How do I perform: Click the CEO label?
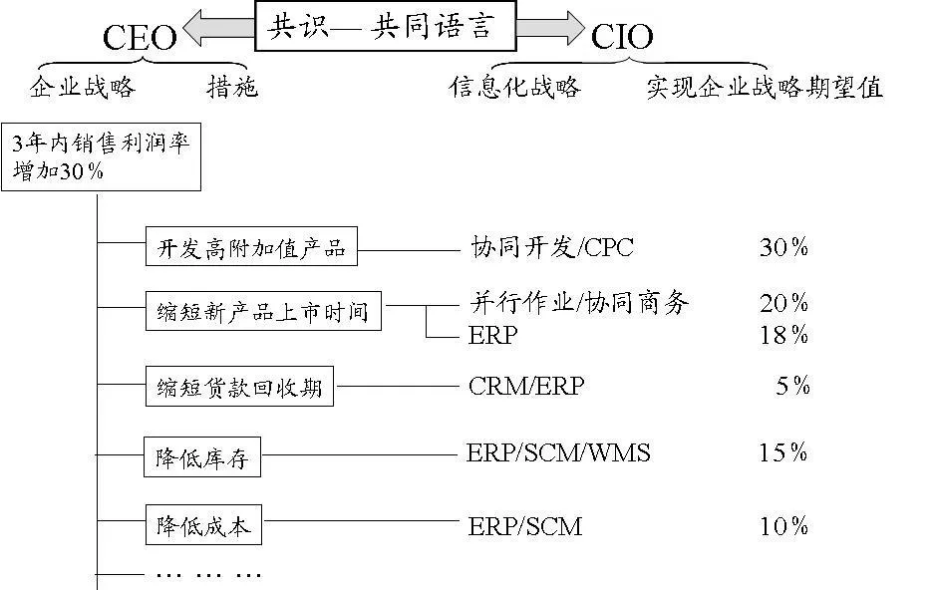pyautogui.click(x=140, y=38)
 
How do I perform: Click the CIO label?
pyautogui.click(x=622, y=37)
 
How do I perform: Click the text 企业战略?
pyautogui.click(x=83, y=88)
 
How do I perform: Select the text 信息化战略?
pyautogui.click(x=514, y=88)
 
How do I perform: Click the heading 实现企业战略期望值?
pyautogui.click(x=764, y=88)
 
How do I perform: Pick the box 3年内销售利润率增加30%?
pyautogui.click(x=102, y=157)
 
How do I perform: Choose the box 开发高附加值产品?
pyautogui.click(x=251, y=248)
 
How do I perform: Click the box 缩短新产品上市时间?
pyautogui.click(x=263, y=312)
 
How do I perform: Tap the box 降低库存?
pyautogui.click(x=201, y=459)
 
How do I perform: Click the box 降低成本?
pyautogui.click(x=202, y=526)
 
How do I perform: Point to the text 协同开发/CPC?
pyautogui.click(x=551, y=247)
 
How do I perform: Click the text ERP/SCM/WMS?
pyautogui.click(x=558, y=453)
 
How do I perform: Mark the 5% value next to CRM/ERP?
pyautogui.click(x=792, y=386)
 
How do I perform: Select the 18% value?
pyautogui.click(x=783, y=335)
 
